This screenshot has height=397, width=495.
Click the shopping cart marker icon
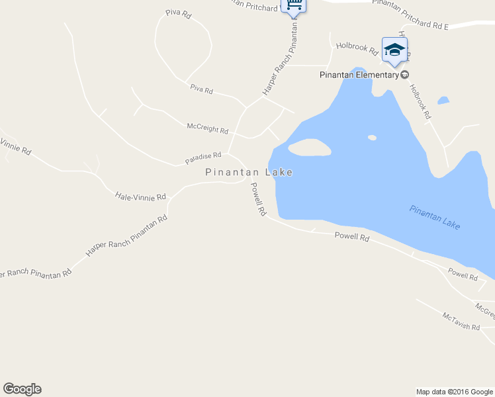coord(294,5)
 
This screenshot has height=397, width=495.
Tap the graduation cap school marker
coord(394,50)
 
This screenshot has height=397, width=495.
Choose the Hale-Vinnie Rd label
coord(140,197)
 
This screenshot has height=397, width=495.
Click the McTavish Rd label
coord(461,322)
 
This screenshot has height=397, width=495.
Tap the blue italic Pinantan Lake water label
coord(434,218)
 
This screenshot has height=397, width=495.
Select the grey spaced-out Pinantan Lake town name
coord(249,172)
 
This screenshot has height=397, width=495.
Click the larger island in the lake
coord(310,148)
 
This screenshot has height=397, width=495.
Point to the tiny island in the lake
coord(372,138)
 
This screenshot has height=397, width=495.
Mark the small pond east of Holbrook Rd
coord(443,101)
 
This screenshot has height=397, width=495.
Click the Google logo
coord(22,389)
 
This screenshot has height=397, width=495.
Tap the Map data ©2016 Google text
coord(455,392)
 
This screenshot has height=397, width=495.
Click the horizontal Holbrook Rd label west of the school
coord(357,47)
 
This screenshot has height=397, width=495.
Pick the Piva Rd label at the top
coord(178,13)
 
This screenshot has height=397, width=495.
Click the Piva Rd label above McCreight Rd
coord(201,89)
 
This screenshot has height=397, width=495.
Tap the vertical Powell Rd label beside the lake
coord(257,200)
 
